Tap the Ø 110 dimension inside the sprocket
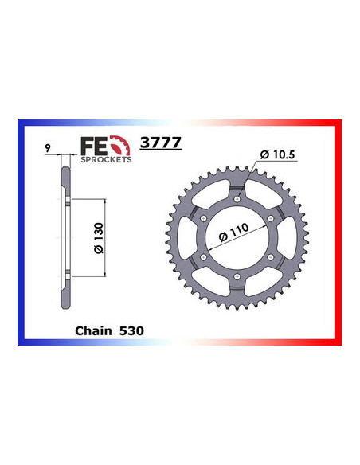tap(233, 236)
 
